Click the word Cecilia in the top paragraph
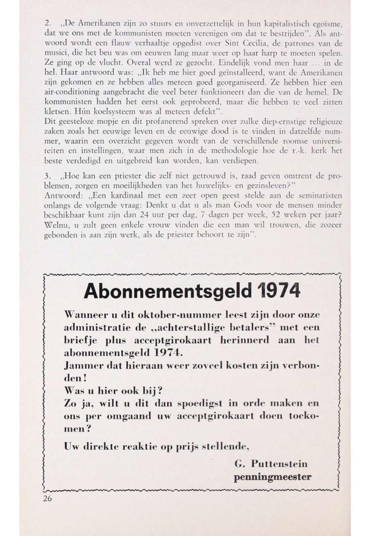[226, 41]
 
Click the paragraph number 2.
[46, 24]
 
